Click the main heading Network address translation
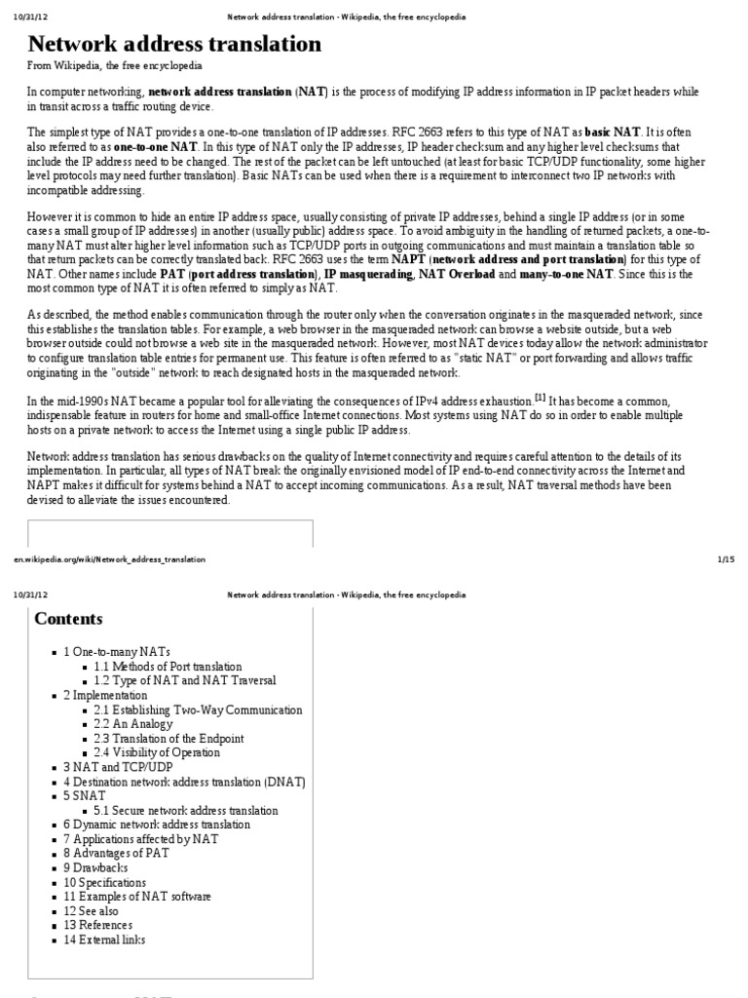[174, 44]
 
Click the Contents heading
[68, 619]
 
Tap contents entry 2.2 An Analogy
[133, 724]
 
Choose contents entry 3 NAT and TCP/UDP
[118, 767]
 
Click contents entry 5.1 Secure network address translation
[186, 810]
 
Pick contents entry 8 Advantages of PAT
[116, 853]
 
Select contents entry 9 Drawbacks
[93, 867]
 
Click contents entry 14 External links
[104, 940]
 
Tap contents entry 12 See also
[93, 910]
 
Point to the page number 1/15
[725, 559]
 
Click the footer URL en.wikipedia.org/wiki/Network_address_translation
[109, 559]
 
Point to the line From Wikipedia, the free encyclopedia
[115, 65]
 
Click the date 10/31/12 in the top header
[26, 17]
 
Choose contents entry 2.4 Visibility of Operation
[157, 752]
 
